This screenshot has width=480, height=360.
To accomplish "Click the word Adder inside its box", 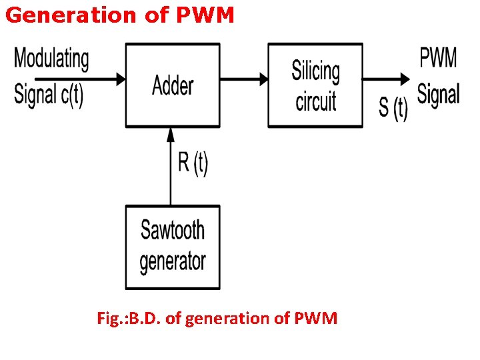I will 173,85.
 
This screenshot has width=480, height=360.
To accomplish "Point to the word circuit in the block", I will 315,101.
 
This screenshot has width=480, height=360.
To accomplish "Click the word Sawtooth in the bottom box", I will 173,231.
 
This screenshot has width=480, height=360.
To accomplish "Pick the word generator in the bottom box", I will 173,261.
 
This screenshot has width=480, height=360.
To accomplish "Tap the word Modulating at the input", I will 51,59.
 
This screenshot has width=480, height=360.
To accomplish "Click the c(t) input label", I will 72,95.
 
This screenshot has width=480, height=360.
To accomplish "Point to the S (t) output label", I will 393,108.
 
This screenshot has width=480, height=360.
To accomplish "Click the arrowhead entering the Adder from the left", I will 121,79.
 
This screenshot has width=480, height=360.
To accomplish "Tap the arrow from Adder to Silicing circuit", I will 244,79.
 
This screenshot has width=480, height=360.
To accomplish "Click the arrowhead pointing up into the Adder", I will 171,133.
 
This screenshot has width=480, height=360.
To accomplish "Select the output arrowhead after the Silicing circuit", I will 405,79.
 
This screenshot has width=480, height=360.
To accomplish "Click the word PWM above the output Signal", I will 438,58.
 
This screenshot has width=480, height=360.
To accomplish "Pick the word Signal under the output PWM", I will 438,93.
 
